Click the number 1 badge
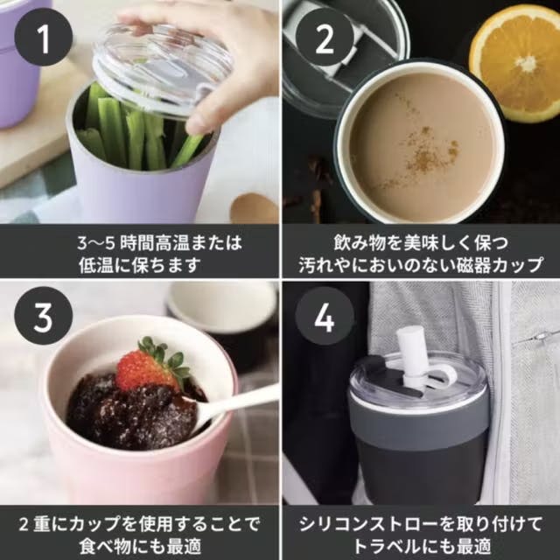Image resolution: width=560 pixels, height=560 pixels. click(44, 37)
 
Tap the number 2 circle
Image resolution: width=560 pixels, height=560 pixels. click(325, 37)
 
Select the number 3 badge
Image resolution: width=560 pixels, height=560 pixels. click(44, 316)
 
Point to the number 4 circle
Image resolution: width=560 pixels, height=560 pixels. click(325, 316)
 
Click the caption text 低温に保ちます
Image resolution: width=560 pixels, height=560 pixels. click(140, 265)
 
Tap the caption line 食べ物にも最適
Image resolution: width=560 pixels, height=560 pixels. click(140, 546)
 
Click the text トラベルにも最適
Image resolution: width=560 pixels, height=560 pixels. click(422, 546)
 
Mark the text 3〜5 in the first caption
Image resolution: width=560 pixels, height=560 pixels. click(96, 243)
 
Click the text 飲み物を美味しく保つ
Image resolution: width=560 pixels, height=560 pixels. click(422, 243)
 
